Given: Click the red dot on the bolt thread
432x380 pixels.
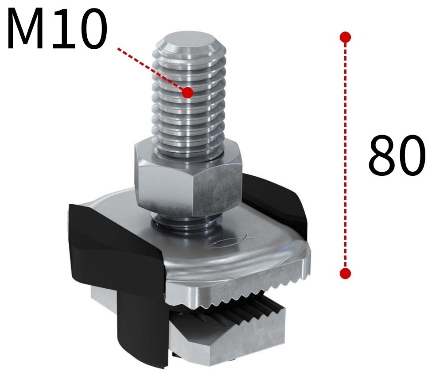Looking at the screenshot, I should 188,93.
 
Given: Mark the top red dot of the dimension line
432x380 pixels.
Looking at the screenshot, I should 346,37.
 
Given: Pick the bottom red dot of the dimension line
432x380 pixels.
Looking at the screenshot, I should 346,273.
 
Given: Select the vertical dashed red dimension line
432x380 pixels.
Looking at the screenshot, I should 346,155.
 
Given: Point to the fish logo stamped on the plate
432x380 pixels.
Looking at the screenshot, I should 230,241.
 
